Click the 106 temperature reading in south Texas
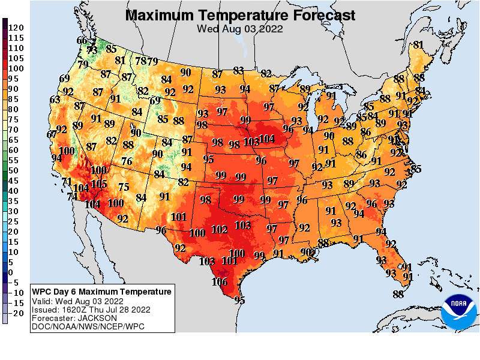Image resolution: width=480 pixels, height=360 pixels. (x=220, y=282)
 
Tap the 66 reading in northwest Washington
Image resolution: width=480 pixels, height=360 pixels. (x=82, y=41)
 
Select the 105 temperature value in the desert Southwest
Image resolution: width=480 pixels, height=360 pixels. (x=99, y=184)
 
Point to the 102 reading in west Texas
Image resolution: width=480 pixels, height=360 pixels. (x=220, y=229)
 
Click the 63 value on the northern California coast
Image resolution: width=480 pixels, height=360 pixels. (x=55, y=100)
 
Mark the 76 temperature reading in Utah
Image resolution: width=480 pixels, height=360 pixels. (x=127, y=161)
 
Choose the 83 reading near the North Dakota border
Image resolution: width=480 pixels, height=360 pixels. (x=239, y=71)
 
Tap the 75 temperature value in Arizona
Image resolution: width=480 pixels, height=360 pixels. (x=124, y=187)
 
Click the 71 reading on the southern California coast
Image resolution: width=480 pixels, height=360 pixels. (x=67, y=182)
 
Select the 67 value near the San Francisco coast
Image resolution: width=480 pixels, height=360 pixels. (x=52, y=134)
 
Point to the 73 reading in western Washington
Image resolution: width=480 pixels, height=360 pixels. (x=92, y=50)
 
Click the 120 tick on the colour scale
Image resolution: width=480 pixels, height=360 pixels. (x=16, y=28)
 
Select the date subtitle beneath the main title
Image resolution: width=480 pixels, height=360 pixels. (x=240, y=28)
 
